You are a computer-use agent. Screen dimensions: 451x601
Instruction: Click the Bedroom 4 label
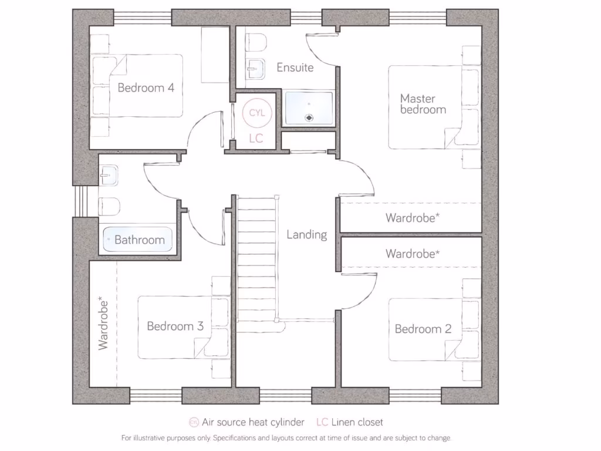point(146,88)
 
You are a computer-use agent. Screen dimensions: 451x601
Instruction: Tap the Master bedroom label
point(423,104)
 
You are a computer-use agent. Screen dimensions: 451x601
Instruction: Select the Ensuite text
point(295,68)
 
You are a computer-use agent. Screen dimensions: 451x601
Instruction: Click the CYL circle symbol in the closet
point(256,112)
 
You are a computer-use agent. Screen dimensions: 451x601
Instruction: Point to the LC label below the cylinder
point(256,139)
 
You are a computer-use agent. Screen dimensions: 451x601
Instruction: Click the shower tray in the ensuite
point(309,107)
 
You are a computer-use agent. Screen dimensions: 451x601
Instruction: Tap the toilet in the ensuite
point(256,42)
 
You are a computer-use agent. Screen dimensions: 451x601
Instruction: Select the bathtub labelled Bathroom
point(139,240)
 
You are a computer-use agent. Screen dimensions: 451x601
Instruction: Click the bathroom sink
point(109,174)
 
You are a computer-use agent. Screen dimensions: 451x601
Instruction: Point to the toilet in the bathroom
point(109,206)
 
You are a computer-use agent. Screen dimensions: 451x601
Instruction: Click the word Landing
point(306,235)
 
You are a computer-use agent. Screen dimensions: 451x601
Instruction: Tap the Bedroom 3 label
point(175,327)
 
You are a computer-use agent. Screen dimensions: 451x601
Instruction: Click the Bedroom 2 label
point(423,329)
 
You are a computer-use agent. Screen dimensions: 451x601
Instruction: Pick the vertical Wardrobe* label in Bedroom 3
point(103,324)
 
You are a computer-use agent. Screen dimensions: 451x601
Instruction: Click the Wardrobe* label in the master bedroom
point(412,218)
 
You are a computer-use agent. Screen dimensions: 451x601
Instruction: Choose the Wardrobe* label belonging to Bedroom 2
point(412,254)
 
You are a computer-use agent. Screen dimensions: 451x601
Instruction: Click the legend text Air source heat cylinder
point(253,422)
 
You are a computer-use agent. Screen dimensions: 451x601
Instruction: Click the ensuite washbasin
point(254,71)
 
